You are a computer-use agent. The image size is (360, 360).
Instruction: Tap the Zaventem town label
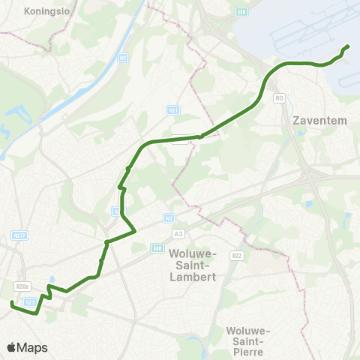pyautogui.click(x=312, y=119)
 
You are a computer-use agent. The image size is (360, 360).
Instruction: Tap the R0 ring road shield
pyautogui.click(x=280, y=98)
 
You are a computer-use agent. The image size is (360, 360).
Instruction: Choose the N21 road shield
pyautogui.click(x=172, y=110)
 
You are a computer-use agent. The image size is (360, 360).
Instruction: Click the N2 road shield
pyautogui.click(x=169, y=218)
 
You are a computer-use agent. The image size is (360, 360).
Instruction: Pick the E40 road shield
pyautogui.click(x=156, y=248)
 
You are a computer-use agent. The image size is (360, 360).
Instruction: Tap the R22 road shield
pyautogui.click(x=237, y=256)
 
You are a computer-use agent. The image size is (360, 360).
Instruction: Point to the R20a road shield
pyautogui.click(x=21, y=286)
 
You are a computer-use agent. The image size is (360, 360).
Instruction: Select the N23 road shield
pyautogui.click(x=29, y=302)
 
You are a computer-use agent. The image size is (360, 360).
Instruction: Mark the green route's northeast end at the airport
pyautogui.click(x=347, y=48)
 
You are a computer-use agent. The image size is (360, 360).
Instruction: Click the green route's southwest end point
pyautogui.click(x=11, y=304)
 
